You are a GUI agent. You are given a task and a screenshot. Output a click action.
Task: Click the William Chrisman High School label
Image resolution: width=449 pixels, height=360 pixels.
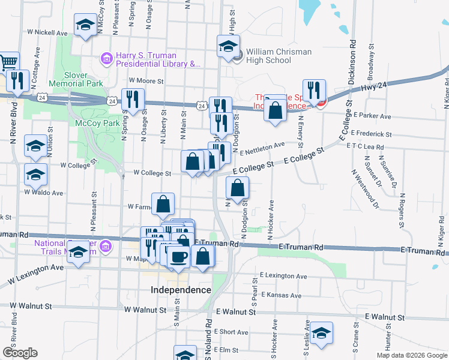coord(279,56)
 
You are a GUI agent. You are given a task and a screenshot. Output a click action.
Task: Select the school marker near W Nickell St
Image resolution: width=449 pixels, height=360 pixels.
coord(85,25)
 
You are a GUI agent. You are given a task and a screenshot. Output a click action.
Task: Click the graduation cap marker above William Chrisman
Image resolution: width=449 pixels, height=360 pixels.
coord(228,46)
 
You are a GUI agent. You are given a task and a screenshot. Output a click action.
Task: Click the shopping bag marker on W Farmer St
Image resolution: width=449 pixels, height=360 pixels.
coord(163,204)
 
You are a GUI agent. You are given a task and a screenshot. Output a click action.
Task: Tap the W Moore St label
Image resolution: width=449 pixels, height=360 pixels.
coord(146,80)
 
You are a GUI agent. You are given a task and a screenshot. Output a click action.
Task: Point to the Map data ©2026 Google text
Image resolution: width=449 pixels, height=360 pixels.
coord(412,355)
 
